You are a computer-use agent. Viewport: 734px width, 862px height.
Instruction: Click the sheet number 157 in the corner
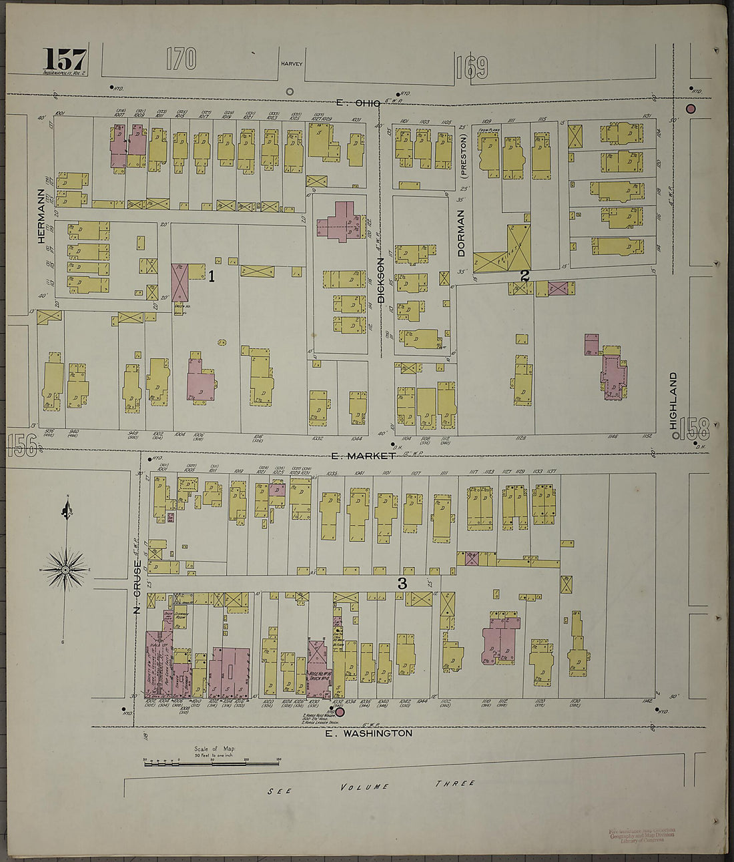(65, 59)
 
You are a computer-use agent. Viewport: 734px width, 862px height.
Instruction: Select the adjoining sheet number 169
(472, 67)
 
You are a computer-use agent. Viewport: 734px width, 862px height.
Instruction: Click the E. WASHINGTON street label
(368, 733)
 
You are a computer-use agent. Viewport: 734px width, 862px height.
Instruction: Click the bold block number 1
(212, 276)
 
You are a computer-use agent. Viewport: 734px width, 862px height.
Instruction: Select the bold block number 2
(524, 275)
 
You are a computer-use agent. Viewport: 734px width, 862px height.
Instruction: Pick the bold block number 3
(402, 583)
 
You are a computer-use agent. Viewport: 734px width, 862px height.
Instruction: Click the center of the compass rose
(65, 570)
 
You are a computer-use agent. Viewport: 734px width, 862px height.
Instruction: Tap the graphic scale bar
(212, 762)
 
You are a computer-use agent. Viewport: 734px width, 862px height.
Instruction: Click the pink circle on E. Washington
(340, 713)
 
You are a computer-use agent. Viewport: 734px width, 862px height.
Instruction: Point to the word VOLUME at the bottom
(364, 787)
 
